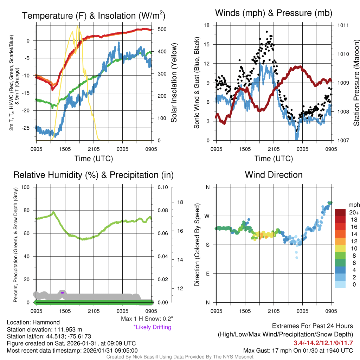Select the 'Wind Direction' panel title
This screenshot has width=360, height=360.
tap(274, 175)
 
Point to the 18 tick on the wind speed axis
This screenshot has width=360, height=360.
tap(207, 25)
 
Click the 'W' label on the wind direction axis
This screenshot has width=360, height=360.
tap(208, 216)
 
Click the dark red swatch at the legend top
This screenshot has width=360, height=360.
tap(340, 212)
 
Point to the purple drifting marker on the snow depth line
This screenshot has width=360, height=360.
tap(62, 292)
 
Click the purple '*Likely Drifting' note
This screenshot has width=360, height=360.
tap(152, 327)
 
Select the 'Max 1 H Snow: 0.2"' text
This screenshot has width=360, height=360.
tap(147, 319)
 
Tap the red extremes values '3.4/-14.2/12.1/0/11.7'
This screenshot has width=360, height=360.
tap(323, 343)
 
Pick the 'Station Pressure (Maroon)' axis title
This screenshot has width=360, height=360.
tap(356, 83)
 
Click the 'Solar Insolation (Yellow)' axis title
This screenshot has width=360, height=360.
tap(174, 83)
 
